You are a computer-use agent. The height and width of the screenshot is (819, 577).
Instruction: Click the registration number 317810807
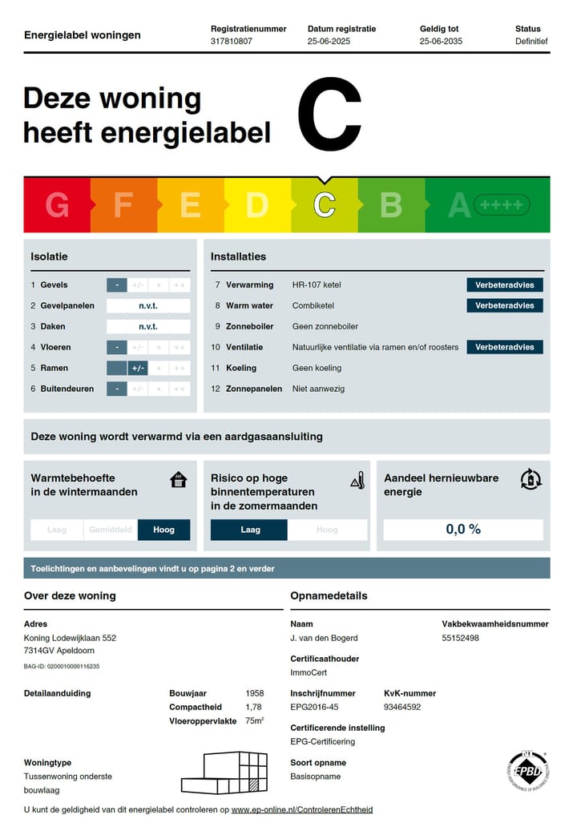[x=231, y=41]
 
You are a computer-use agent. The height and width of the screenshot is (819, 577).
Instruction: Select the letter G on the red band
[x=57, y=205]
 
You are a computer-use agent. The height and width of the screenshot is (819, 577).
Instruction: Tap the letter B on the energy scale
[x=390, y=205]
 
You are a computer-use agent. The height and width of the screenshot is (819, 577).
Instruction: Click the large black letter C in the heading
[x=330, y=115]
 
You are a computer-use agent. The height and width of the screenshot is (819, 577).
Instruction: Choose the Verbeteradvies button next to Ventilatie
[x=505, y=347]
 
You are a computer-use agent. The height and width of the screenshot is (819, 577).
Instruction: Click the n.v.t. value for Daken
[x=148, y=326]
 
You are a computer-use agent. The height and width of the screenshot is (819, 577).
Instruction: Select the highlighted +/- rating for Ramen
[x=138, y=368]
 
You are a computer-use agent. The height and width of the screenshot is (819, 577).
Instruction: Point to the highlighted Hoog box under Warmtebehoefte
[x=163, y=530]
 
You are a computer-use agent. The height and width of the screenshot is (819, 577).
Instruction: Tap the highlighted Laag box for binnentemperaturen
[x=248, y=530]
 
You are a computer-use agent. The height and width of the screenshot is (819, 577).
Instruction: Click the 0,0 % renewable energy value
[x=463, y=530]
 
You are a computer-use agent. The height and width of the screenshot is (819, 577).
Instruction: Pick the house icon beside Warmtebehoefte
[x=179, y=480]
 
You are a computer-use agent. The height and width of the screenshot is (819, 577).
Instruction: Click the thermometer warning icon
[x=357, y=481]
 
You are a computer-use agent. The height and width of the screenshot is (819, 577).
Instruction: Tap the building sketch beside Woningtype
[x=224, y=773]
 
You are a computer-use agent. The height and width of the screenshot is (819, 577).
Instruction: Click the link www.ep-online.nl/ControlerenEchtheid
[x=302, y=809]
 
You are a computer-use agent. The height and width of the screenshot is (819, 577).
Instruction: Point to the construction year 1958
[x=254, y=693]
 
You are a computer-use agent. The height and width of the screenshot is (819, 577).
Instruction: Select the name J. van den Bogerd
[x=324, y=638]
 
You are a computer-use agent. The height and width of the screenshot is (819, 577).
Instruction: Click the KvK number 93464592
[x=402, y=707]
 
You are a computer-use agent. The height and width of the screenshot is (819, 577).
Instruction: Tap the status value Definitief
[x=531, y=41]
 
